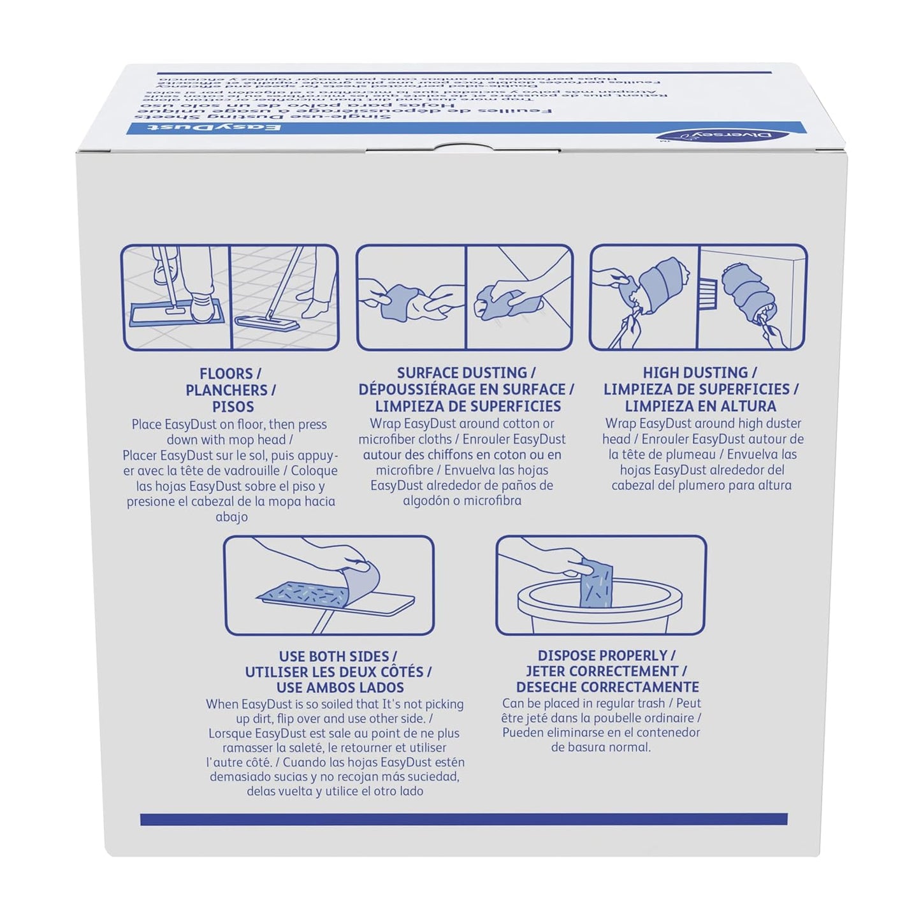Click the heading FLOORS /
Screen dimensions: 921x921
pos(230,374)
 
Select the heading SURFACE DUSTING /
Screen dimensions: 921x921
pos(466,373)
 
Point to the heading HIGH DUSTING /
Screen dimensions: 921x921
pos(699,373)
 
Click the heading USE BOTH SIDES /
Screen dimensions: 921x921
pos(338,656)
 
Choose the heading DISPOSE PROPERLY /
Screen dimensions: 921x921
pos(606,655)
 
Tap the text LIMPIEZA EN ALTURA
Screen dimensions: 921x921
pos(700,406)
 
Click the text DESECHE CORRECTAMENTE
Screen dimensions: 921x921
pos(607,687)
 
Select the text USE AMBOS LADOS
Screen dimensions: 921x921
pos(340,688)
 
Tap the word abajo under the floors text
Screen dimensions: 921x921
pos(231,517)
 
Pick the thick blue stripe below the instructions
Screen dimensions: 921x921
pos(463,820)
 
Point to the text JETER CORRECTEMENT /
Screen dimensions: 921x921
pos(606,671)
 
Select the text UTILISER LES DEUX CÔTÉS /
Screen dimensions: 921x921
pos(338,672)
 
